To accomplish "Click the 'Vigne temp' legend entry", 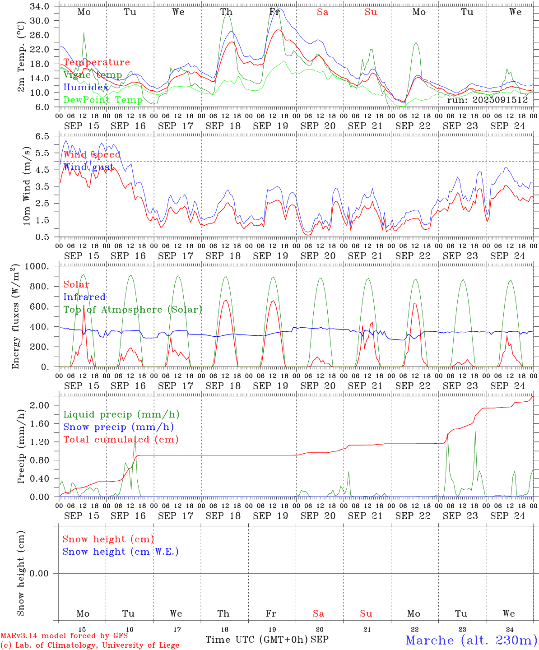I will point(93,75).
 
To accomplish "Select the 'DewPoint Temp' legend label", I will point(103,100).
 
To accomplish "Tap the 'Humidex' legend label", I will point(86,88).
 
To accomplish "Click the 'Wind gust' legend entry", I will point(88,167).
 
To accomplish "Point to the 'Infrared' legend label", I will point(84,297).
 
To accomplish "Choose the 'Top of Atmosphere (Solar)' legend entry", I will point(133,310).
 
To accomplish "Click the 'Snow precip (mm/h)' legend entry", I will point(118,427).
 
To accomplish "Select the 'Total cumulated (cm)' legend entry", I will point(121,440).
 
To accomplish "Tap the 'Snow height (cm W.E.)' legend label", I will point(121,552).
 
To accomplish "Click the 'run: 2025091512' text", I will point(488,100).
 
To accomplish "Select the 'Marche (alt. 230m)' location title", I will point(471,640).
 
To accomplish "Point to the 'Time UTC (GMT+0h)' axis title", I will point(256,640).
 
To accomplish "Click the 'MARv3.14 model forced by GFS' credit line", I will point(64,636).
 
